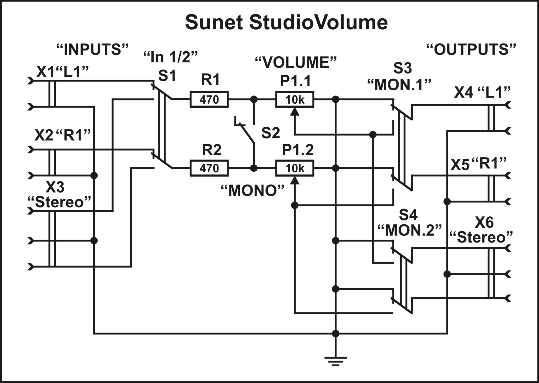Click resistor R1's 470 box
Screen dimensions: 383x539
pyautogui.click(x=209, y=100)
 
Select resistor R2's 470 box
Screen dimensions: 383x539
pyautogui.click(x=209, y=168)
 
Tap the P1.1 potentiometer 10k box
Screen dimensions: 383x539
pyautogui.click(x=295, y=100)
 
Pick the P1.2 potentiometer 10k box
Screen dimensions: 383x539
pyautogui.click(x=295, y=168)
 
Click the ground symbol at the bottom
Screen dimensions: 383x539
pyautogui.click(x=336, y=361)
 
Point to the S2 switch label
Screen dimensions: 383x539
pyautogui.click(x=270, y=133)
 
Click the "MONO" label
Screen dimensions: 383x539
pyautogui.click(x=252, y=191)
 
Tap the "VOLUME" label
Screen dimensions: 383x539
pyautogui.click(x=296, y=62)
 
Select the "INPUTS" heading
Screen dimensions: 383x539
pyautogui.click(x=93, y=50)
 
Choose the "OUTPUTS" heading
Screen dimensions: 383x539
pyautogui.click(x=471, y=49)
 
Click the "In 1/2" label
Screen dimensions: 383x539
pyautogui.click(x=170, y=57)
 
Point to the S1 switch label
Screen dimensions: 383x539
pyautogui.click(x=167, y=76)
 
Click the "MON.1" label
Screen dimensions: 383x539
pyautogui.click(x=399, y=84)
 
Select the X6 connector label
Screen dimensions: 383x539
pyautogui.click(x=484, y=222)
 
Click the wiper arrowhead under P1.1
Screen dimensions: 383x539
pyautogui.click(x=295, y=111)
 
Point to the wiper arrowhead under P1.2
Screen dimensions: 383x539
pyautogui.click(x=295, y=180)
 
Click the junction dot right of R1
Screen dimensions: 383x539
pyautogui.click(x=253, y=100)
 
